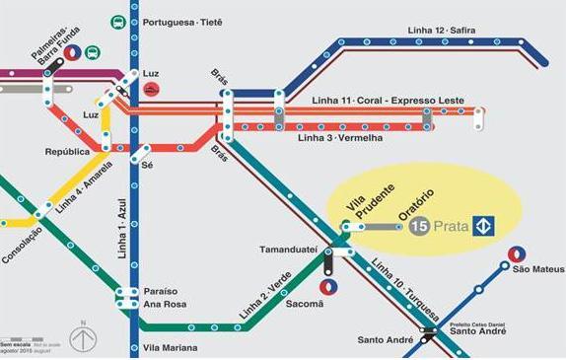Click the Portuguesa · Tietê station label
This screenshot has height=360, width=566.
(x=182, y=21)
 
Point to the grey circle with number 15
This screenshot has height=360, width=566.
(x=418, y=227)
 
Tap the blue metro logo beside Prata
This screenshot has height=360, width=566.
(x=483, y=227)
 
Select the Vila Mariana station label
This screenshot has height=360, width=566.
(x=170, y=348)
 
